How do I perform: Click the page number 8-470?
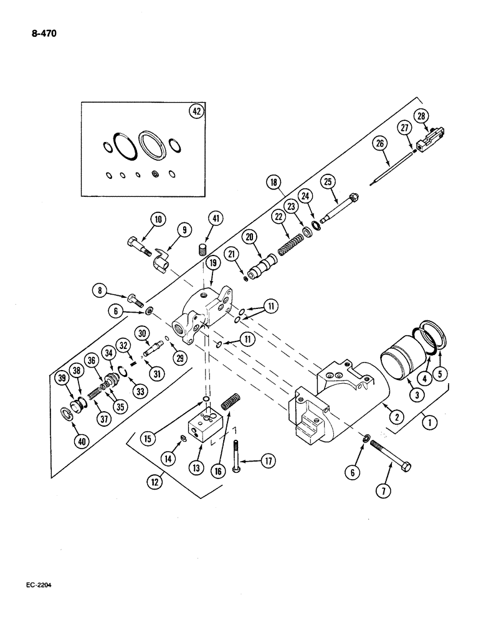coord(40,34)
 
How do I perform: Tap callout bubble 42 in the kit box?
coord(196,112)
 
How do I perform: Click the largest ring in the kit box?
coord(153,146)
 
